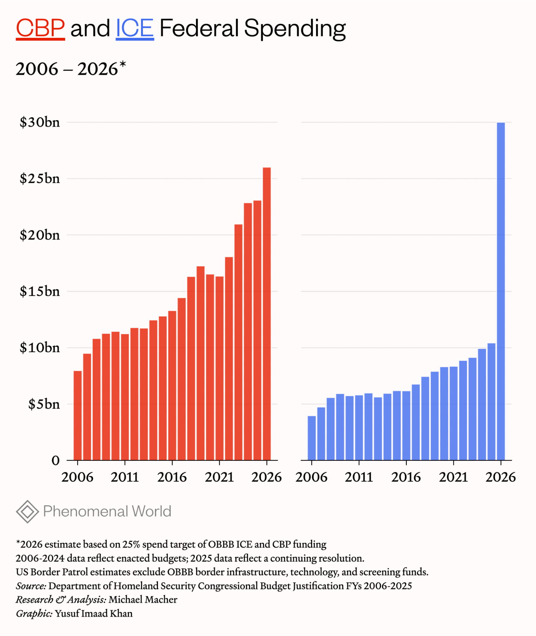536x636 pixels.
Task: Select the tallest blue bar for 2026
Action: coord(500,291)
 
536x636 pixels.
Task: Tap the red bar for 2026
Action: coord(267,313)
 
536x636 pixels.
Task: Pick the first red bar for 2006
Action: coord(78,415)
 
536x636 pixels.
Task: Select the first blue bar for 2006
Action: coord(312,438)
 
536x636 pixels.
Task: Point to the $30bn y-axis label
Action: coord(40,122)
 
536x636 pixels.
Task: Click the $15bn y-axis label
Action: coord(40,291)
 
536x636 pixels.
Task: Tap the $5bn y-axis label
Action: coord(44,404)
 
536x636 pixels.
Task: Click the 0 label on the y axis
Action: coord(56,460)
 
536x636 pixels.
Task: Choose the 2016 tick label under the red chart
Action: coord(172,477)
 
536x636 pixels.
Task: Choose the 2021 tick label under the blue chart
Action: coord(453,477)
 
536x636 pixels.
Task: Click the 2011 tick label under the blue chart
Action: coord(359,477)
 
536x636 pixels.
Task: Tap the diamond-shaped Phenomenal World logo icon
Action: coord(28,511)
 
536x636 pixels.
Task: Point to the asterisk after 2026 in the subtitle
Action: coord(123,65)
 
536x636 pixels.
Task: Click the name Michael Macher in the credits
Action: coord(143,599)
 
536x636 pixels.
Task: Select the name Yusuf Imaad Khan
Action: coord(94,613)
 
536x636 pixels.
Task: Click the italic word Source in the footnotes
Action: coord(31,586)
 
